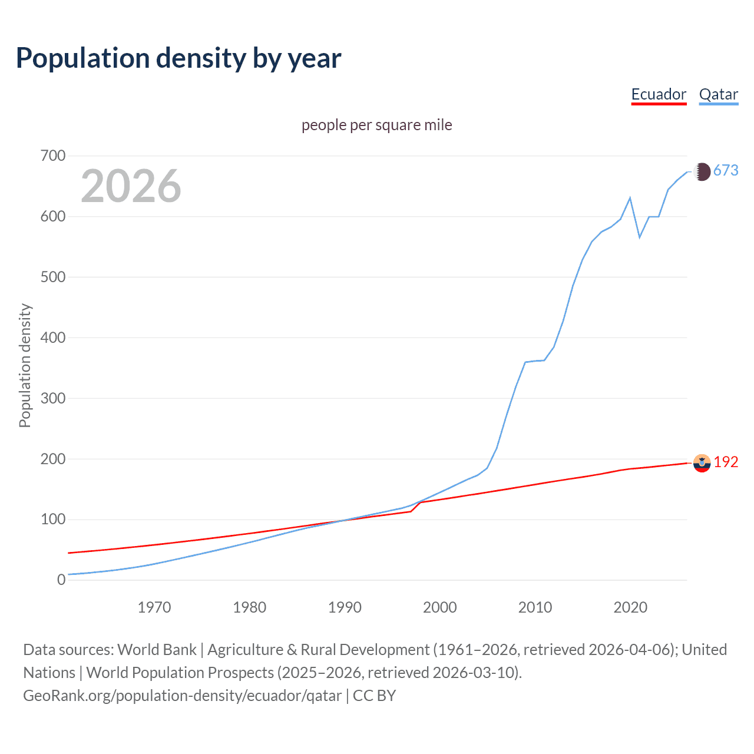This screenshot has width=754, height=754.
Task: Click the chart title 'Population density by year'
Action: (178, 58)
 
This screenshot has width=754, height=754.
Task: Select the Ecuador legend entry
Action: (659, 94)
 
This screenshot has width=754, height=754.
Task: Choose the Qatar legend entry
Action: (718, 94)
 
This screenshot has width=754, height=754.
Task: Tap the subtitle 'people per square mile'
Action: (377, 125)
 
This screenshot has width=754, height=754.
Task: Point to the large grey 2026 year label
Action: (131, 186)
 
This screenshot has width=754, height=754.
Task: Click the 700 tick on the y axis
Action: (53, 156)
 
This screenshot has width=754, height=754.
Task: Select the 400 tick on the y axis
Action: (53, 338)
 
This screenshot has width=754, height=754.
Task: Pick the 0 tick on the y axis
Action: (61, 580)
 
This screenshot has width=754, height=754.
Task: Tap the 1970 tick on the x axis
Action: (154, 607)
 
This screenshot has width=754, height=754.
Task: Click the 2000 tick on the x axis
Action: (440, 607)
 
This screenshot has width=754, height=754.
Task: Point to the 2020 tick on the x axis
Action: (630, 607)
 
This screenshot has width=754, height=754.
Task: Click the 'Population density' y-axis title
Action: (25, 365)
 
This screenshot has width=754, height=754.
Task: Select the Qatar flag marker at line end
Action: (702, 171)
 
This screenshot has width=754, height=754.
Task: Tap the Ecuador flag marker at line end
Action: (702, 464)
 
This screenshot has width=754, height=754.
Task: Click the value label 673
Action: (726, 171)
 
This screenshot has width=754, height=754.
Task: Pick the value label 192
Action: (726, 462)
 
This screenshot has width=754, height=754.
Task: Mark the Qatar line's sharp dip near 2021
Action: (640, 237)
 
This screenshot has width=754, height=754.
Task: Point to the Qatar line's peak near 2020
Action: (630, 198)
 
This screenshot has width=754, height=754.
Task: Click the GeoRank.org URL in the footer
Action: (183, 696)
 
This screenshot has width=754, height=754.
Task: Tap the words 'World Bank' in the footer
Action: (157, 650)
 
